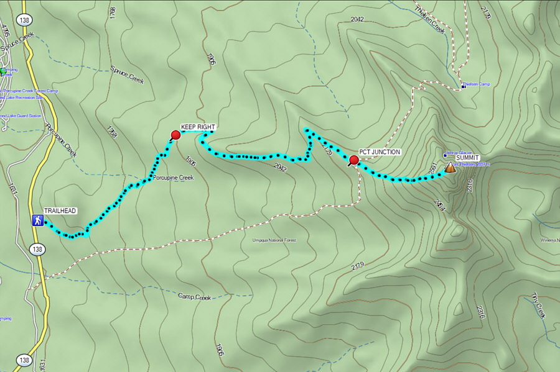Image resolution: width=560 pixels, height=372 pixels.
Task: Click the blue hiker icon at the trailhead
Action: (x=37, y=220)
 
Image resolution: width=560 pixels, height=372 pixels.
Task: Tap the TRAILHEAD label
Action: (x=60, y=211)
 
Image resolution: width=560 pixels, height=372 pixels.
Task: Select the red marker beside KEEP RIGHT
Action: (x=175, y=135)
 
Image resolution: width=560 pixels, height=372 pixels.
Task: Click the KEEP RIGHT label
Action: (x=198, y=127)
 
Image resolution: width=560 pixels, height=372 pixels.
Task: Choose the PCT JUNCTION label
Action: (x=380, y=152)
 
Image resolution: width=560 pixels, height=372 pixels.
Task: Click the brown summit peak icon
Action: (x=450, y=167)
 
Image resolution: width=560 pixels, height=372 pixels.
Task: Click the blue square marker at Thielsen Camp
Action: (x=464, y=88)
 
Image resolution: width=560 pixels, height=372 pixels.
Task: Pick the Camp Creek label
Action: (x=195, y=297)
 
